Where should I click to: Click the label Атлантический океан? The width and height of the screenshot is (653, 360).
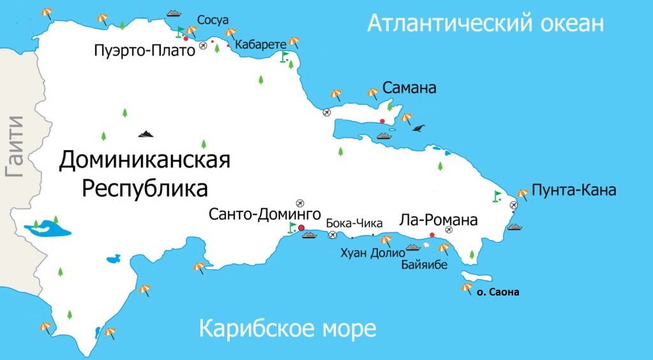pos(485,24)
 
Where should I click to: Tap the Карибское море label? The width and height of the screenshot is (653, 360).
pos(287,330)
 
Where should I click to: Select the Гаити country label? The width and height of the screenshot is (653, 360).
pos(14,146)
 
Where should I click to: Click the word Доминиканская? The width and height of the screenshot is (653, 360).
pos(144,160)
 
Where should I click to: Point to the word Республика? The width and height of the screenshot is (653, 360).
pos(146,189)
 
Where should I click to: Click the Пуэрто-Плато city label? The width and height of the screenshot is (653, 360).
pos(144,50)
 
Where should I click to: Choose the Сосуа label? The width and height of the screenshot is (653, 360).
pos(213,20)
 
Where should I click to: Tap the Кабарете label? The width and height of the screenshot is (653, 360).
pos(260,44)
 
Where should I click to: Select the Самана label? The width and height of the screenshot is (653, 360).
pos(409,88)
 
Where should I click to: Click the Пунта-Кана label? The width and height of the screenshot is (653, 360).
pos(574,190)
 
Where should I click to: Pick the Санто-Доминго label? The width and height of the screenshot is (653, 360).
pos(264,214)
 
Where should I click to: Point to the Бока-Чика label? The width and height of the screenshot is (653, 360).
pos(354,223)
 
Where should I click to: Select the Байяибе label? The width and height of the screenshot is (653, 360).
pos(424,264)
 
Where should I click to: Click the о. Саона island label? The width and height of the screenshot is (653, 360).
pos(498,292)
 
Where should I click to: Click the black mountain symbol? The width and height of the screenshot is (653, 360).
pos(146,133)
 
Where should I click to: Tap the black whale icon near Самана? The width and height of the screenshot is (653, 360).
pos(418,128)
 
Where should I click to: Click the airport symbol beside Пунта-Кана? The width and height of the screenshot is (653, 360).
pos(514,205)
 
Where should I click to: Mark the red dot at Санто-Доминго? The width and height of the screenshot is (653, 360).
pos(301,227)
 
